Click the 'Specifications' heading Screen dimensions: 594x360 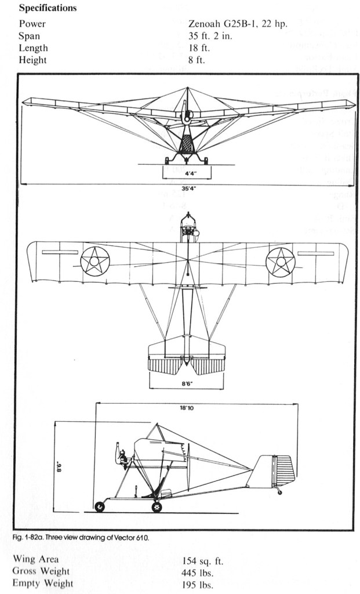coord(48,9)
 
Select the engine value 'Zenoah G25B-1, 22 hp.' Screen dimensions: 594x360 coord(238,24)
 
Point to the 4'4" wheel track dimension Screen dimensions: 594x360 coord(186,172)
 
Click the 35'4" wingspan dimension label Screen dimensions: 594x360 coord(187,188)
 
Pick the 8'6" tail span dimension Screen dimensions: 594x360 coord(186,383)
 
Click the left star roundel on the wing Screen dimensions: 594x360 coord(95,261)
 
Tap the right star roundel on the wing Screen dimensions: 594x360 coord(281,262)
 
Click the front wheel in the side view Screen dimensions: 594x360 coord(100,507)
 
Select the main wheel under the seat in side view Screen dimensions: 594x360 coord(157,507)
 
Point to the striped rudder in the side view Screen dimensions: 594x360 coord(285,470)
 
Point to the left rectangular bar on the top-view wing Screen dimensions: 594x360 coord(60,252)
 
